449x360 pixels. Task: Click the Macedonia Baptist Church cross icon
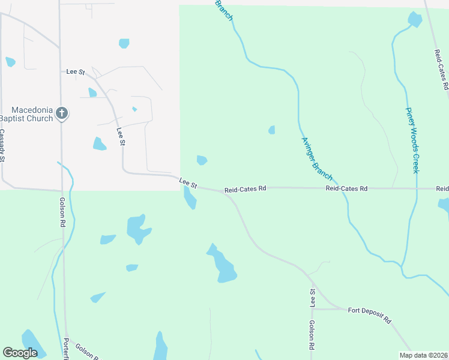(x=61, y=112)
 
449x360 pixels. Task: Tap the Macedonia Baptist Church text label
(x=28, y=113)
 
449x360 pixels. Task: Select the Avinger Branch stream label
(x=317, y=158)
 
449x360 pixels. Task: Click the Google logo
(x=20, y=353)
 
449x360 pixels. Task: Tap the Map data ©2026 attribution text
(x=423, y=355)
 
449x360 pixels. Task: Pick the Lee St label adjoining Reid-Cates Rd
(x=188, y=182)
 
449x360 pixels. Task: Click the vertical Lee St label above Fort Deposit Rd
(x=313, y=298)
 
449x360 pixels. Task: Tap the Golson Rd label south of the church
(x=62, y=212)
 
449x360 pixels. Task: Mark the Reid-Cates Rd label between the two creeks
(x=346, y=188)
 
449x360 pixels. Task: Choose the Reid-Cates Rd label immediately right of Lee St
(x=245, y=189)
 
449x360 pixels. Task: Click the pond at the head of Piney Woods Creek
(x=415, y=20)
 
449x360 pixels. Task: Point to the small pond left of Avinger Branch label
(x=272, y=130)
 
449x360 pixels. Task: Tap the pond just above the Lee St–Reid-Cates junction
(x=202, y=160)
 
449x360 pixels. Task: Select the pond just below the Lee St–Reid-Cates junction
(x=190, y=199)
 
